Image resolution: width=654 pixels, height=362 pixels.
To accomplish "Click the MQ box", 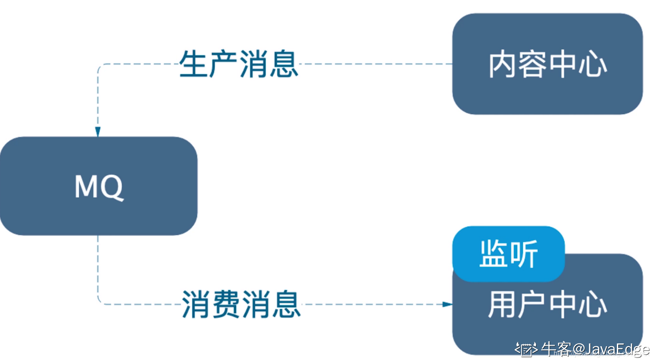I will coord(98,186).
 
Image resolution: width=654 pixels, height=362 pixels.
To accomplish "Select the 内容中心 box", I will coord(547,64).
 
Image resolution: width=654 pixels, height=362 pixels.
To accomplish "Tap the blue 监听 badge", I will coord(508,254).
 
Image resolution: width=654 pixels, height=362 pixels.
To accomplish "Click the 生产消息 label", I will coord(238,64).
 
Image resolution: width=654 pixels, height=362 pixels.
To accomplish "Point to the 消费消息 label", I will coord(241,304).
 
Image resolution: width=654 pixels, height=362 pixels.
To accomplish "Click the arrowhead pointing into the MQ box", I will coord(98,131).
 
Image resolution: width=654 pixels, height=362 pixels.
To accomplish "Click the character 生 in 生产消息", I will coord(194,64).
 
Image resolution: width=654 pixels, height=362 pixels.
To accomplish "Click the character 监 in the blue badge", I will coord(494,254).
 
